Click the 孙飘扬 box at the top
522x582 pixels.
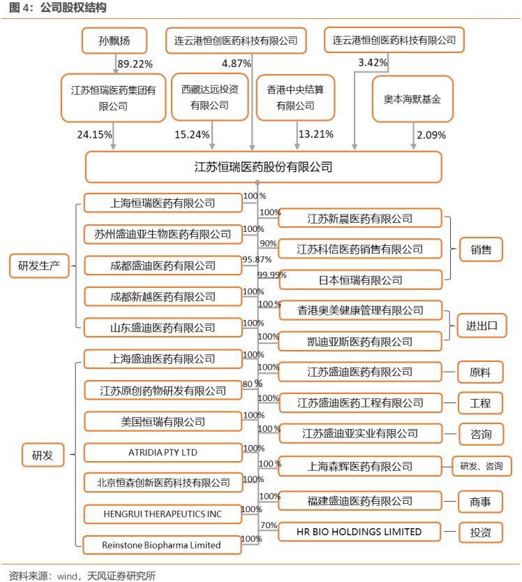[114, 41]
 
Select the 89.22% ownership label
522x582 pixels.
[135, 64]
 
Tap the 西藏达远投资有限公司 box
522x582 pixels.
[210, 97]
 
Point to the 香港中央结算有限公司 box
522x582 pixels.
[295, 98]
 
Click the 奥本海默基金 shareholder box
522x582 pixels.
[412, 99]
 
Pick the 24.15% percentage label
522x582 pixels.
[94, 134]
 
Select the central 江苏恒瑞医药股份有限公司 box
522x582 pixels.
[264, 167]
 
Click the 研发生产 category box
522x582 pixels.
[39, 265]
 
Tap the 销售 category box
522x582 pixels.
[482, 249]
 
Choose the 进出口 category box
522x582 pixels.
[482, 326]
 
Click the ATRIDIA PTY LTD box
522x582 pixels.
[163, 453]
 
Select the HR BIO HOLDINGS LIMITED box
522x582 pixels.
[359, 532]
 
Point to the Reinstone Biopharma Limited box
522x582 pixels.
[162, 545]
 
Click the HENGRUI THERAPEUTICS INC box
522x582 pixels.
[163, 514]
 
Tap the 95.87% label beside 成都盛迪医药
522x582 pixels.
[257, 259]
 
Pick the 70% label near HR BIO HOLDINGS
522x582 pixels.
[269, 525]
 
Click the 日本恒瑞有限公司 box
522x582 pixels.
[361, 280]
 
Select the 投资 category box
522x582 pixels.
[480, 532]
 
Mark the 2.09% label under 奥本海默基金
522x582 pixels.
[431, 135]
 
